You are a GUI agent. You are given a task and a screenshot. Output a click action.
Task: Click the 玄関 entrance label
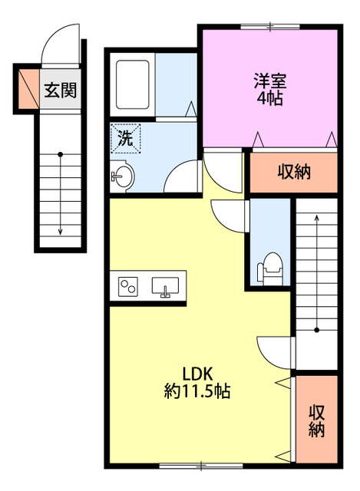[59, 90]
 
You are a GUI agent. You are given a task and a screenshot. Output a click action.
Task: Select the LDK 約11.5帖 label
[197, 382]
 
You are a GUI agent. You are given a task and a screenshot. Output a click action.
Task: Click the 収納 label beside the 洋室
[293, 172]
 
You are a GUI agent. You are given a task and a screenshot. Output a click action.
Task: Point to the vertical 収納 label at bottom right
[317, 420]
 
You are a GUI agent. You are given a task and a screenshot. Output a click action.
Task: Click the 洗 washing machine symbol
[123, 137]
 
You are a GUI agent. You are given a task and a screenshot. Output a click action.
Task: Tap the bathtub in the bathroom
[134, 84]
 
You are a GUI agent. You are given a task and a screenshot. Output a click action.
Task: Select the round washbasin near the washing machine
[123, 176]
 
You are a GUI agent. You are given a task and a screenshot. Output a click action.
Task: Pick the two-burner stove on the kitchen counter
[128, 288]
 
